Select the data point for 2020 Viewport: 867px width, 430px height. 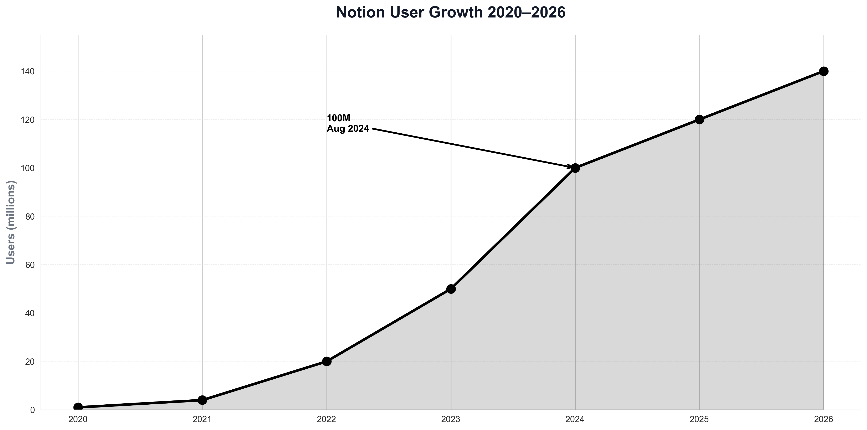pyautogui.click(x=78, y=407)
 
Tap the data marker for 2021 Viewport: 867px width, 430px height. pyautogui.click(x=202, y=400)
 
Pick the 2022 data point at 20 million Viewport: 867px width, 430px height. pyautogui.click(x=327, y=361)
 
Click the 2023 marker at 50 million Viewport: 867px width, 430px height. pyautogui.click(x=451, y=289)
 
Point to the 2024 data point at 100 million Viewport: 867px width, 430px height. pyautogui.click(x=575, y=168)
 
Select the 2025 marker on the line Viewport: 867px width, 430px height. pyautogui.click(x=699, y=119)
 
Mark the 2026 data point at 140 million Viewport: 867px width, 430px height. pyautogui.click(x=824, y=71)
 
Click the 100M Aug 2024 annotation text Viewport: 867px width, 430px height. pyautogui.click(x=348, y=124)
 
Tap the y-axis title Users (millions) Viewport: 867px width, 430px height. pyautogui.click(x=11, y=222)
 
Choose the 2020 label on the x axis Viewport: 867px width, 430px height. pyautogui.click(x=78, y=420)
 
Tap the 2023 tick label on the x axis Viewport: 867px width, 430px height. pyautogui.click(x=451, y=420)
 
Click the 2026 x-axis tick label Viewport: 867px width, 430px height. pyautogui.click(x=824, y=420)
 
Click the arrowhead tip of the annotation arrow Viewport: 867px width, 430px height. pyautogui.click(x=571, y=167)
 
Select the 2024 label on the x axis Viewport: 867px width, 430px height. pyautogui.click(x=575, y=420)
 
